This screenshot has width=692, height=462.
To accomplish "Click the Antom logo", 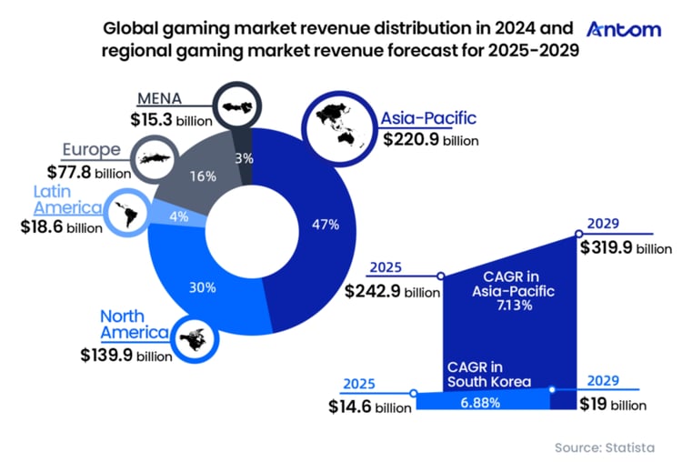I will click(x=624, y=29).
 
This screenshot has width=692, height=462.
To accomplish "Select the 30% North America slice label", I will click(x=202, y=287).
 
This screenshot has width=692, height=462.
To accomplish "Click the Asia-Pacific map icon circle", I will click(x=336, y=128).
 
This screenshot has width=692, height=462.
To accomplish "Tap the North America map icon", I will click(x=196, y=337).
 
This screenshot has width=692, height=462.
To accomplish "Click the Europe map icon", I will click(x=156, y=157).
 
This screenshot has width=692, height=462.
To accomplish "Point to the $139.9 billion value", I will click(x=125, y=356).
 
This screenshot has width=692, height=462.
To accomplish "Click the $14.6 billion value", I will click(x=369, y=406).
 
